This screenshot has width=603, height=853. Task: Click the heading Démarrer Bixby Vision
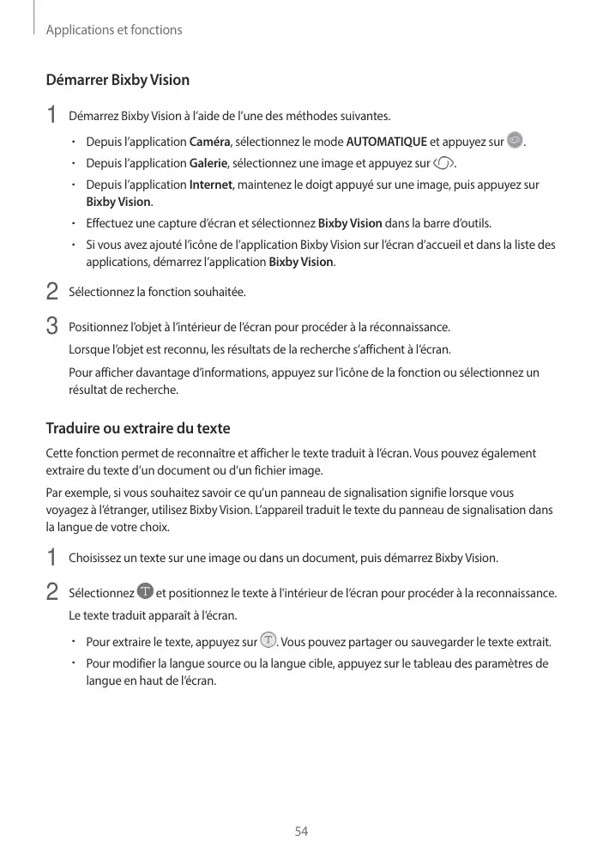[x=118, y=81]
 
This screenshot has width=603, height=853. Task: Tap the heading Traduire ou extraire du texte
[x=137, y=428]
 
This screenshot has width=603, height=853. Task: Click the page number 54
[x=301, y=831]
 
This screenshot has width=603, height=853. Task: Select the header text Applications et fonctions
[x=113, y=30]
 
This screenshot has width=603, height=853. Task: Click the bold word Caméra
[x=209, y=142]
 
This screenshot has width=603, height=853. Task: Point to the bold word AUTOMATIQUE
[x=386, y=142]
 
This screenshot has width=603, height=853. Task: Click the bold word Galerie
[x=208, y=164]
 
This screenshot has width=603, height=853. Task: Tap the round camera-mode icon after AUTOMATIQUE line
[x=515, y=141]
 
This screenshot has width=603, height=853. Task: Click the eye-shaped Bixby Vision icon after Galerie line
[x=443, y=164]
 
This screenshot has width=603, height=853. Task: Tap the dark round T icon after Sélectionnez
[x=145, y=592]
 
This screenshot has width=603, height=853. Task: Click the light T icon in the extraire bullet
[x=268, y=641]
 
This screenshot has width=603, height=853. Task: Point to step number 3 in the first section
[x=52, y=327]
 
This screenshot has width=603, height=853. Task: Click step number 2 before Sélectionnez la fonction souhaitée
[x=52, y=292]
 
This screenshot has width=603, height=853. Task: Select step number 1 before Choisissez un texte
[x=52, y=559]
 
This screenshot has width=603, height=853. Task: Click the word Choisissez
[x=94, y=559]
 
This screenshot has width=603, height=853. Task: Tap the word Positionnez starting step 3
[x=96, y=328]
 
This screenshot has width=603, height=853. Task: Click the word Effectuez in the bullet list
[x=111, y=224]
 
